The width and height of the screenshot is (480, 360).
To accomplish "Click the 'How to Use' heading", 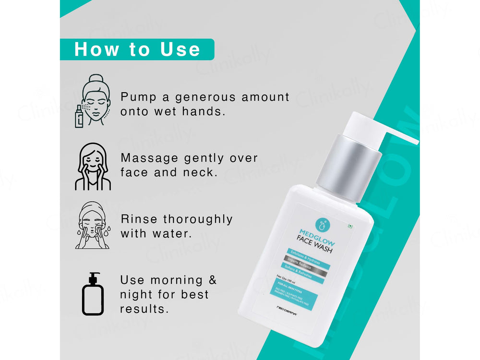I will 137,49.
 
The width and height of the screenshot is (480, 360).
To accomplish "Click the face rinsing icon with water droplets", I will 92,225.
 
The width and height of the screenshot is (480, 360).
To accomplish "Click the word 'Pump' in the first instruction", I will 139,97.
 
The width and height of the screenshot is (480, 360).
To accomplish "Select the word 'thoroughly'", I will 197,219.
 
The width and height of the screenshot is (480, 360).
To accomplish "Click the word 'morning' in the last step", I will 176,280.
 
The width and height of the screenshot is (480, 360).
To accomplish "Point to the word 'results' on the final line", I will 144,309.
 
